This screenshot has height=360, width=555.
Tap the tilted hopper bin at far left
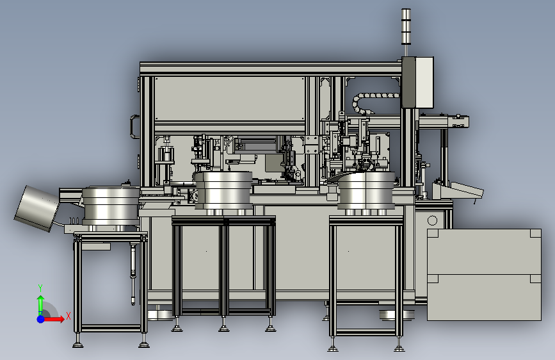tap(36, 208)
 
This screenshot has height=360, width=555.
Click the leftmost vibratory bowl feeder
tap(111, 206)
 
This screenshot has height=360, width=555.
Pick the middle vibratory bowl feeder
tap(223, 191)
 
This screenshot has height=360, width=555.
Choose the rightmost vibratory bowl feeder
tap(366, 192)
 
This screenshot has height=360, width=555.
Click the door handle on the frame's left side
tap(134, 126)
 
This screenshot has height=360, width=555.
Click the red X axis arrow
tap(54, 319)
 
